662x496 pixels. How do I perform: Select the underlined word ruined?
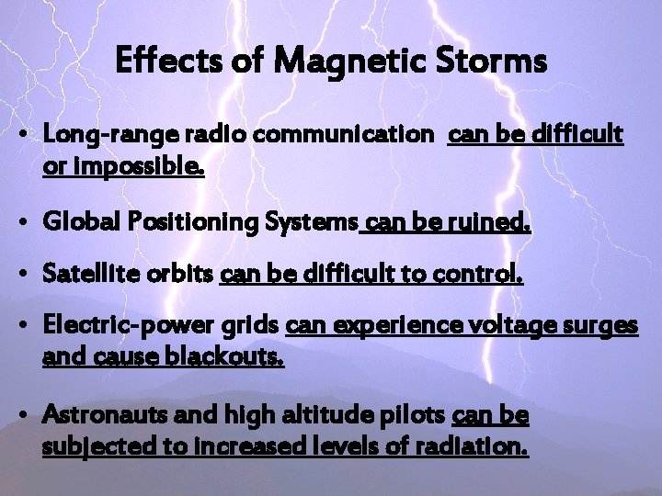[493, 223]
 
